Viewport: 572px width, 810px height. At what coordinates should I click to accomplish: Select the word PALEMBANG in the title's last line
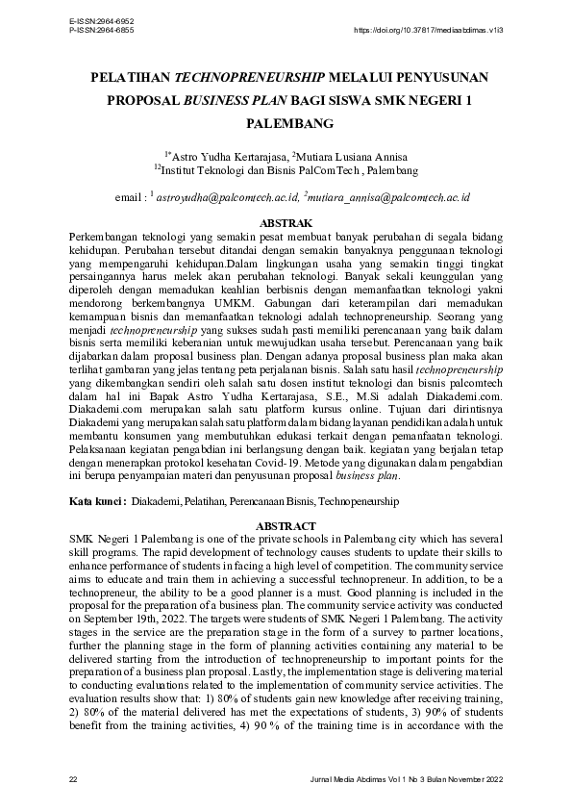point(286,124)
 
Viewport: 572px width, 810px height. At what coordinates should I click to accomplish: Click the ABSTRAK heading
point(286,222)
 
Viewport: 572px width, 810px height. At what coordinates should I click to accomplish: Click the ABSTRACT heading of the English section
point(286,526)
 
